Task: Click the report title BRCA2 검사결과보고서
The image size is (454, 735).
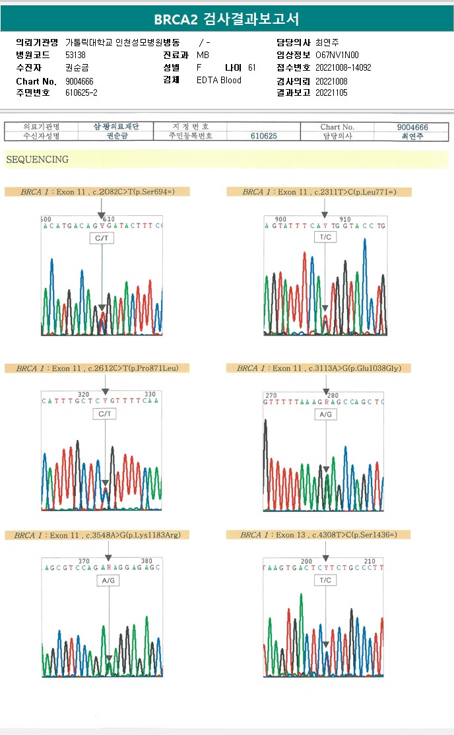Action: [x=226, y=19]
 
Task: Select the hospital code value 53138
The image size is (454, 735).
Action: [x=76, y=55]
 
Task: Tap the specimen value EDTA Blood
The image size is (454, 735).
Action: [x=219, y=80]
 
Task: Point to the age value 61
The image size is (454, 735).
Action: [x=252, y=67]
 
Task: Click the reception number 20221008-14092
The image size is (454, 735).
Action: [x=343, y=67]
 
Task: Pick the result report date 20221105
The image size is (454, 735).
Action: [x=331, y=92]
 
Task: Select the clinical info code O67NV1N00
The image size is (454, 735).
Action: [x=338, y=55]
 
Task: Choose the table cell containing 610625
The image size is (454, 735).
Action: [x=264, y=136]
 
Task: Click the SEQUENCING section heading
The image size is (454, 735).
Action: [x=37, y=159]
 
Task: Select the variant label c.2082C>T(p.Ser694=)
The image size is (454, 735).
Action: [x=133, y=192]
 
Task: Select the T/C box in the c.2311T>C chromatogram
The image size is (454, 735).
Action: [x=325, y=237]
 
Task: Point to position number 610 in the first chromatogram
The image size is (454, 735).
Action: [x=109, y=219]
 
